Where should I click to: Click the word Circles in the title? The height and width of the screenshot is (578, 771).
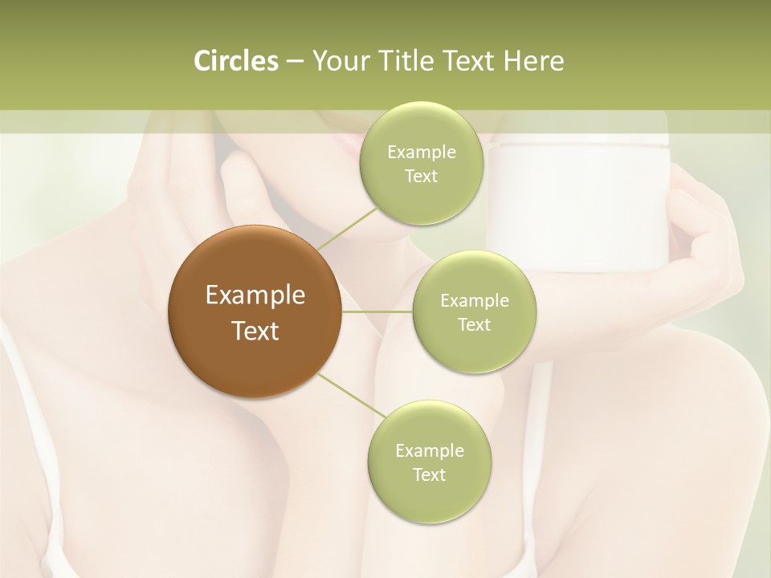[x=236, y=60]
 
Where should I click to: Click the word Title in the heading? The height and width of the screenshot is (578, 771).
[x=399, y=60]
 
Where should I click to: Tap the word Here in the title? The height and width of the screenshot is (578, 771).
[x=533, y=60]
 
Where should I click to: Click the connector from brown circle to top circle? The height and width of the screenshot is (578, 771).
[x=347, y=228]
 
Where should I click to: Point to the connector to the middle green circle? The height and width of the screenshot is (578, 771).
[x=377, y=311]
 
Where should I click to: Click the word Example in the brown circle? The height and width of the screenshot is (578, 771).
[x=255, y=295]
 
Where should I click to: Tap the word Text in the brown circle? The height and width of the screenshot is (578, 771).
[x=255, y=331]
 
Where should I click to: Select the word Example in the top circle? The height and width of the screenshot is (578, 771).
[x=422, y=153]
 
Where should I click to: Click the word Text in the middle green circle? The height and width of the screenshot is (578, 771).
[x=474, y=325]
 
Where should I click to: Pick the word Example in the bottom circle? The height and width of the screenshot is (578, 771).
[x=429, y=450]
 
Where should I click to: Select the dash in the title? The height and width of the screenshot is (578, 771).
[x=294, y=62]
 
